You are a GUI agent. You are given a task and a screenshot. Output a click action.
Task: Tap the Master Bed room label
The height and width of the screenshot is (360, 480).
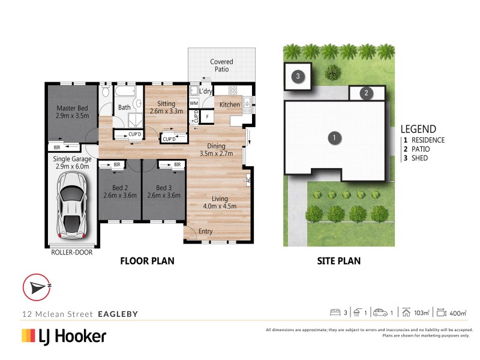72,108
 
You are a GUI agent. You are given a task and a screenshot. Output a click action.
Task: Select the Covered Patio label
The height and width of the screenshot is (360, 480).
221,65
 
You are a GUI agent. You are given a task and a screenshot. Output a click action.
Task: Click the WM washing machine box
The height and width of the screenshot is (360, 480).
194,103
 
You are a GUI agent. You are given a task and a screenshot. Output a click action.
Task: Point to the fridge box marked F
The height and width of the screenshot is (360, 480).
207,116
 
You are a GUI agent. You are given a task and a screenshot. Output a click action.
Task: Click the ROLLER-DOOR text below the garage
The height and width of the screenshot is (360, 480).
71,252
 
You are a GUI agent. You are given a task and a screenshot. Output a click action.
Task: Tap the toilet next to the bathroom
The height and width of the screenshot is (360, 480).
106,91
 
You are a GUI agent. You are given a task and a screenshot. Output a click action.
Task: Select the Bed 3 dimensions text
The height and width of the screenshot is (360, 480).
164,196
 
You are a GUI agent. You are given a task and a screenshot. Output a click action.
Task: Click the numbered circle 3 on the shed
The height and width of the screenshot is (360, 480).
298,76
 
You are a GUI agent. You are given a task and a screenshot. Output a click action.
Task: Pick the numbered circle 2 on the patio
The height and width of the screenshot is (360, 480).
366,93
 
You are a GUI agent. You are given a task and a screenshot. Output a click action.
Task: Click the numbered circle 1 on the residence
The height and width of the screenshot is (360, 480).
334,138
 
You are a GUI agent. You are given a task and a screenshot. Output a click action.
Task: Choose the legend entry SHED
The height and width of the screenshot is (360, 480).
419,158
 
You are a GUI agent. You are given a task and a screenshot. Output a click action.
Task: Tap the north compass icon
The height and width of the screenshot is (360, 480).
37,287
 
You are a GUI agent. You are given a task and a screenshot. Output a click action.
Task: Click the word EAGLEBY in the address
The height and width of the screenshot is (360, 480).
118,314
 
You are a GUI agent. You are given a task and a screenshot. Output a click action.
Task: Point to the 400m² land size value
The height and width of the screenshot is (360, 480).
458,313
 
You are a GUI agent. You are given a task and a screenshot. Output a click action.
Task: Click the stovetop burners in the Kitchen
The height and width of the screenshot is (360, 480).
233,90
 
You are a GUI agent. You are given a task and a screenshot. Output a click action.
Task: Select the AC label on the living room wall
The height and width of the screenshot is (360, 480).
248,179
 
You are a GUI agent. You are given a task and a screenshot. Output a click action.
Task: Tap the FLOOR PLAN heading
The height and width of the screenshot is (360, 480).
147,261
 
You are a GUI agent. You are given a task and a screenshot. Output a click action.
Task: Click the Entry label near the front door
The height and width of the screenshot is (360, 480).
205,232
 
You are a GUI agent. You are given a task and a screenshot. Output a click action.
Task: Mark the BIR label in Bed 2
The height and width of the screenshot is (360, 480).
117,164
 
